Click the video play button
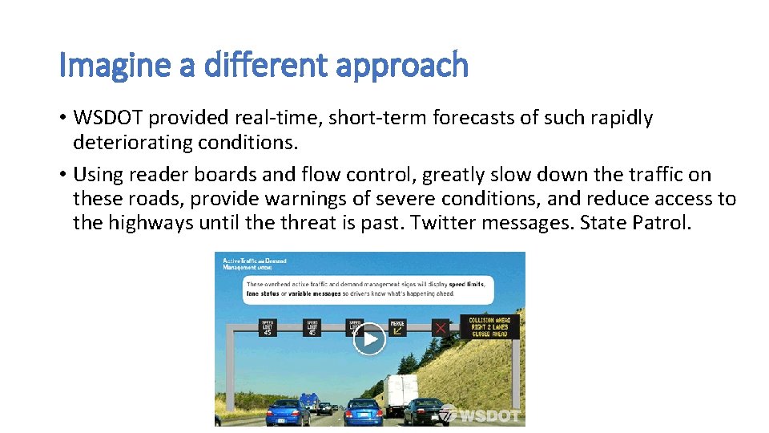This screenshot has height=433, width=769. coord(369,339)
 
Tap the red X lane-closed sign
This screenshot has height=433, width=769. coord(440,327)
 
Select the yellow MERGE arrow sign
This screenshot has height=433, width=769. coord(397,327)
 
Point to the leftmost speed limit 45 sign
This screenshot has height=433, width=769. coord(267,327)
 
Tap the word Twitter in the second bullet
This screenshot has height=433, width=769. coord(444,222)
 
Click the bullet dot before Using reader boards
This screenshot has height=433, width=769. coord(62,175)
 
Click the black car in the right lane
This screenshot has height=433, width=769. coord(423,411)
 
